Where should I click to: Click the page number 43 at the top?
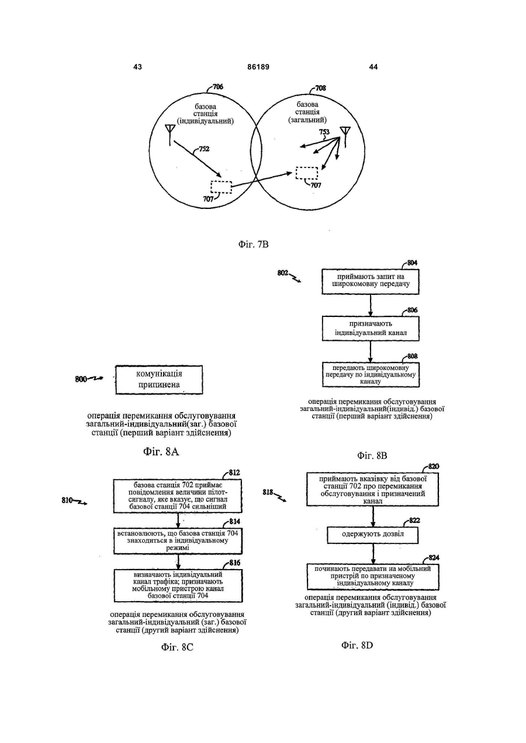point(137,67)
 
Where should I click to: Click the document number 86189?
point(258,67)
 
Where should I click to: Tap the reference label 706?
point(217,87)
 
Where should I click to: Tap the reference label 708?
point(320,88)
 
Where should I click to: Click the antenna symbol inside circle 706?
point(169,135)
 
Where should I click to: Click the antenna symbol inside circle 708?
point(345,137)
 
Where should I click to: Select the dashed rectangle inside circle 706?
point(221,187)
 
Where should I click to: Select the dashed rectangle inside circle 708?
point(307,173)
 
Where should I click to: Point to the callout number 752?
point(204,149)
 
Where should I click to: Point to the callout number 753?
point(324,132)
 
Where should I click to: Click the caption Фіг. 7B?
point(254,245)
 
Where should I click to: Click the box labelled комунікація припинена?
point(159,380)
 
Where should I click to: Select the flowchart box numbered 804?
point(371,281)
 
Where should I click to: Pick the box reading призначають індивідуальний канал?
point(371,329)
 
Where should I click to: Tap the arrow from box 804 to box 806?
point(371,305)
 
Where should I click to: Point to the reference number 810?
point(67,500)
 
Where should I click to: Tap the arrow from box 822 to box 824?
point(373,553)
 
